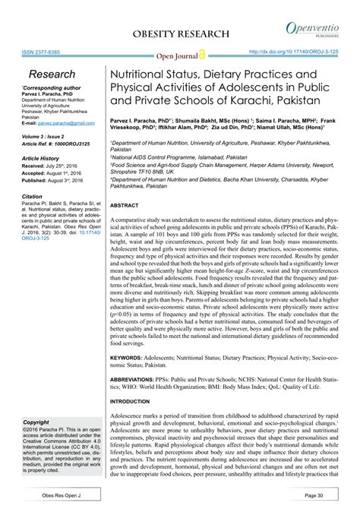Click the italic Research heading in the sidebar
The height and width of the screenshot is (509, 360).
(52, 74)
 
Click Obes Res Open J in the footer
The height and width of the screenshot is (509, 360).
(54, 494)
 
